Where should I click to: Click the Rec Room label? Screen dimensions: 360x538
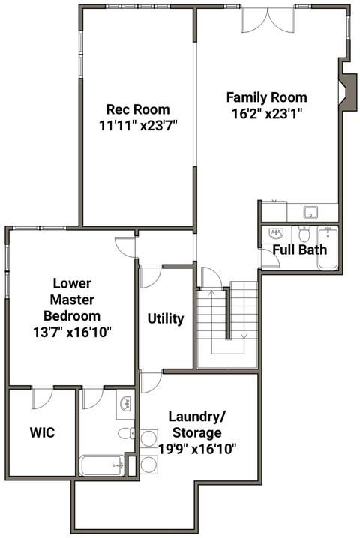tap(138, 109)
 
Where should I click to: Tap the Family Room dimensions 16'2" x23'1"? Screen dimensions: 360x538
tap(266, 114)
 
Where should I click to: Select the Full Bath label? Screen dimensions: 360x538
tap(300, 250)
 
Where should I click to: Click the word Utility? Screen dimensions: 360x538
tap(166, 318)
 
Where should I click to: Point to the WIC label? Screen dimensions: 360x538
tap(42, 432)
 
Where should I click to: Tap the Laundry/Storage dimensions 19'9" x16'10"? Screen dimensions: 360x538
tap(197, 449)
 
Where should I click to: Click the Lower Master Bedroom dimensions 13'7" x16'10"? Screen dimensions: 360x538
tap(72, 332)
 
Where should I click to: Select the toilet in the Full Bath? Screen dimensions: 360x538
tap(304, 234)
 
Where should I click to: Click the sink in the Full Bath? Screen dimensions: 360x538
tap(276, 234)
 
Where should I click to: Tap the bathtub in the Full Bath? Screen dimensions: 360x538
tap(328, 248)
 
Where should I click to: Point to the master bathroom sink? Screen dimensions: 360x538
tap(125, 404)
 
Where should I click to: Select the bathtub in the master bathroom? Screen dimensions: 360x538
tap(102, 465)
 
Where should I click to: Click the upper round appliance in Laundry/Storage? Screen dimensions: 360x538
tap(148, 438)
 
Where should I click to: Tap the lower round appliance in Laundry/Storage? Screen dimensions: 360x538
tap(148, 465)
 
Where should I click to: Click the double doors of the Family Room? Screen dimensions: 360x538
tap(268, 20)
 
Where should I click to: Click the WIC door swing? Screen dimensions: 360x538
tap(42, 398)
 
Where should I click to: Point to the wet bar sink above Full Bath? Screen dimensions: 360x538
tap(311, 212)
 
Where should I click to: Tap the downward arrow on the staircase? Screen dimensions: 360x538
tap(244, 335)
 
